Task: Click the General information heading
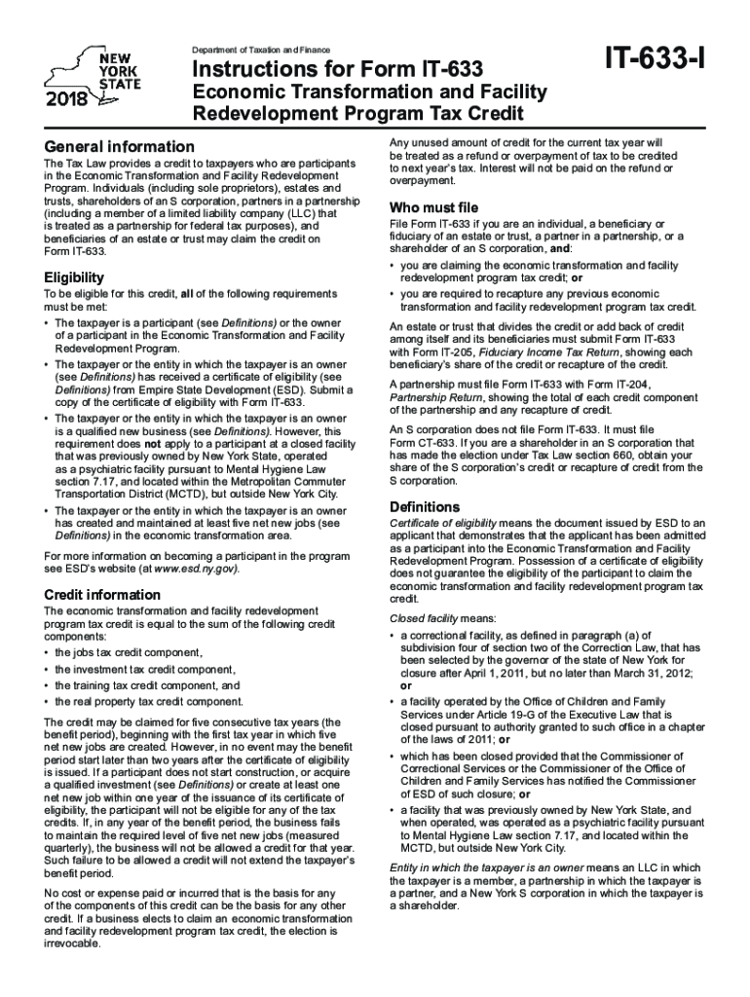coord(120,146)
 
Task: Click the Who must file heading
coord(433,206)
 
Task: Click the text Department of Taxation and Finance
coord(260,50)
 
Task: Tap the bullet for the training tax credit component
coord(133,684)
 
